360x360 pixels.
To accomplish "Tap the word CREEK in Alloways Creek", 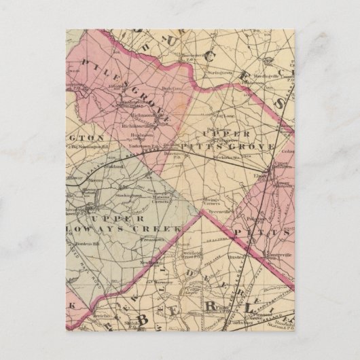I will pos(162,229).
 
